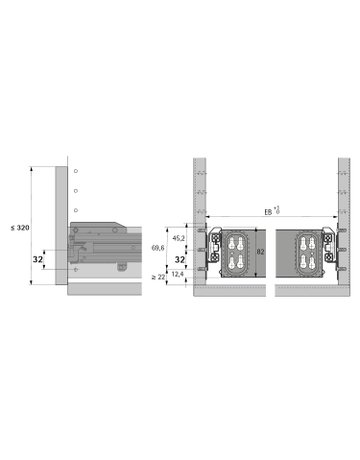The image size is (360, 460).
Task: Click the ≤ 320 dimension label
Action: coord(18,228)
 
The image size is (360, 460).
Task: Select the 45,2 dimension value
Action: coord(177,238)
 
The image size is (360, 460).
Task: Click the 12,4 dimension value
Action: coord(177,272)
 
